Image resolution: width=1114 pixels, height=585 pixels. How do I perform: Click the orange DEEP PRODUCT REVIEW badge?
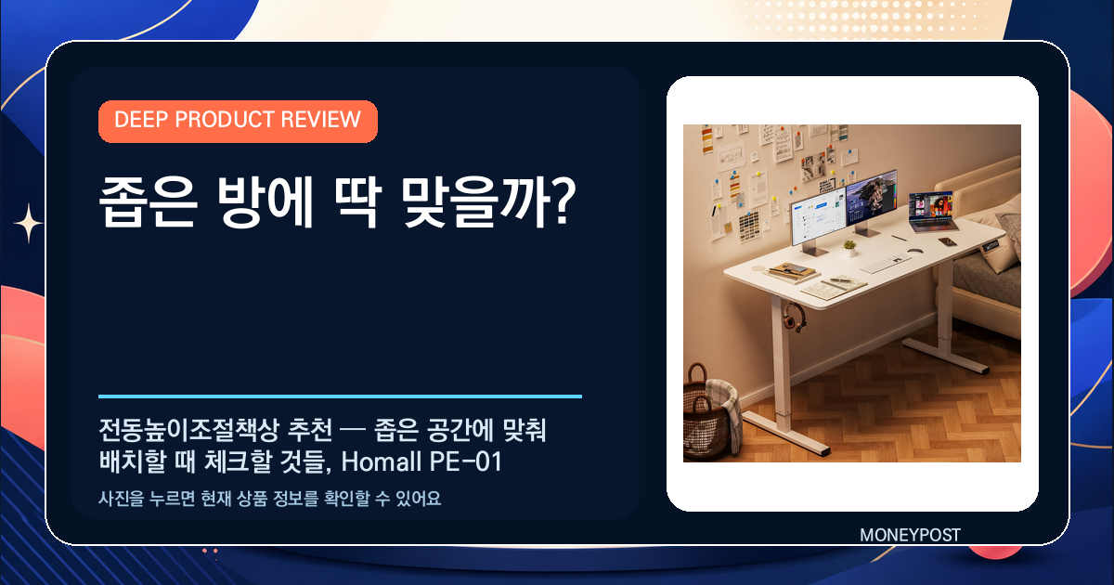point(238,122)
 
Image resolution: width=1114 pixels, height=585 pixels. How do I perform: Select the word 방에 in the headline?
point(266,201)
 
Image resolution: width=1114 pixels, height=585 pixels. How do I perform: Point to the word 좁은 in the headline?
point(148,202)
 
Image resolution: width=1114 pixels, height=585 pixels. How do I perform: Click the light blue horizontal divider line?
point(340,396)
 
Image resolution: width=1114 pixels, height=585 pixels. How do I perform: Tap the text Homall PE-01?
point(421,461)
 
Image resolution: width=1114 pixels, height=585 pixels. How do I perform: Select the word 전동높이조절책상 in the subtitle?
point(189,430)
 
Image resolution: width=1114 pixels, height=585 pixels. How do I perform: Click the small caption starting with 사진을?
point(269,499)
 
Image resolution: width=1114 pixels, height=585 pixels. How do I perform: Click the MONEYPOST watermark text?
point(910,535)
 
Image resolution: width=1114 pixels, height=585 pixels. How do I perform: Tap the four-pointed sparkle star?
point(29,224)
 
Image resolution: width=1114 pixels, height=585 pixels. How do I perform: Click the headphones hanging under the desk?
point(794,318)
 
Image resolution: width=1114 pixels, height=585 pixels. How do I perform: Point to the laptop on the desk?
point(931,213)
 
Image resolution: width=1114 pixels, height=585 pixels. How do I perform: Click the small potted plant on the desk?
point(849,248)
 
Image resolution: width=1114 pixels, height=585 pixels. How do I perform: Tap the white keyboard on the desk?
point(886,263)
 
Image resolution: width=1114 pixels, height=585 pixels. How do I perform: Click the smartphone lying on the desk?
point(948,241)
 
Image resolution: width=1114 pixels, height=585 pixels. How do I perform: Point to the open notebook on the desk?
point(834,287)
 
